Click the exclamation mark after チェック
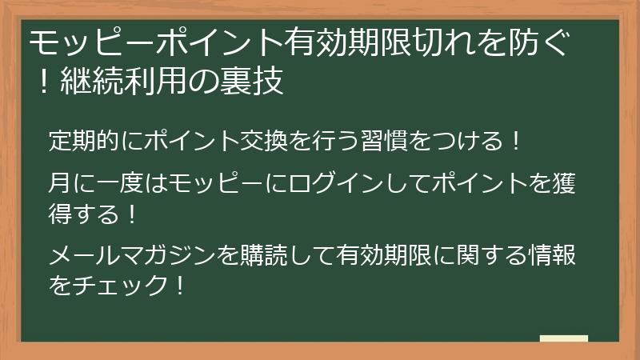pyautogui.click(x=179, y=285)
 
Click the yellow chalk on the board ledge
pyautogui.click(x=563, y=338)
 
